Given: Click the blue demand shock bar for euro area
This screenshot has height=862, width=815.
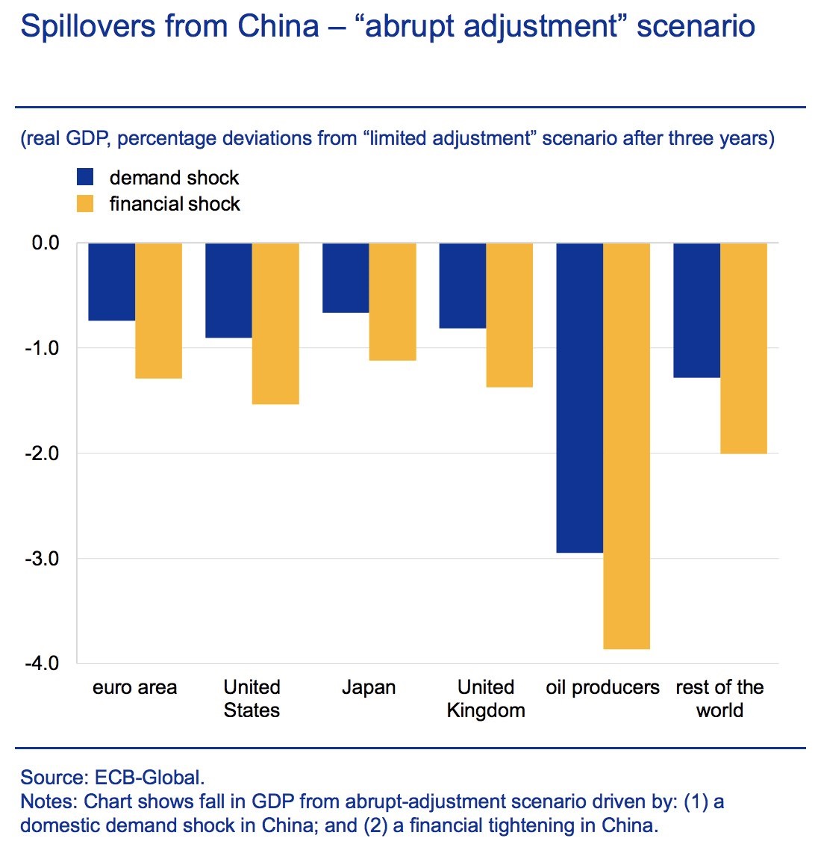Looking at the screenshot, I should point(112,282).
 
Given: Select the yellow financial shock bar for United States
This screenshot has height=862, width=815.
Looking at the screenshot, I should point(275,323).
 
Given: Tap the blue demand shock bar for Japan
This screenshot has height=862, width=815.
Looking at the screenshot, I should point(346,278).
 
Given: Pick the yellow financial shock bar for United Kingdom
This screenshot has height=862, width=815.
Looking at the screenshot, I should point(509,314).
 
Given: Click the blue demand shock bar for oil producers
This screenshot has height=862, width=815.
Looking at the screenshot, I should point(580,397).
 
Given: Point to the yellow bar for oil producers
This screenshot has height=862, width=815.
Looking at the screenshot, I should point(626,446).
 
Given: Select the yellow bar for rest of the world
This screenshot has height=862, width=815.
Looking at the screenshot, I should point(743,348).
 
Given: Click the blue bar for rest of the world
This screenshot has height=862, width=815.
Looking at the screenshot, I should point(697,310).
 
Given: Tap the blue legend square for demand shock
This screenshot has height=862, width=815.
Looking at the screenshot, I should point(85,177).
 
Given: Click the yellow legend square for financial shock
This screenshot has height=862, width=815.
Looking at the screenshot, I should point(85,203).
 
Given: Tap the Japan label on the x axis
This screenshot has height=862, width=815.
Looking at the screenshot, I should point(369,687).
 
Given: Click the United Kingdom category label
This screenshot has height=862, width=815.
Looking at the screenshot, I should point(486,698).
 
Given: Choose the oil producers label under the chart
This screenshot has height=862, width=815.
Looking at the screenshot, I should point(602,687).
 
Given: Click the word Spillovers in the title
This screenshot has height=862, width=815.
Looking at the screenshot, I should point(87,27).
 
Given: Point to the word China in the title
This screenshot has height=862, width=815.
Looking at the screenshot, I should point(278,27).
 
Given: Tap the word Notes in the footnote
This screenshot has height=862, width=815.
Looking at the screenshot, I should point(47,801).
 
